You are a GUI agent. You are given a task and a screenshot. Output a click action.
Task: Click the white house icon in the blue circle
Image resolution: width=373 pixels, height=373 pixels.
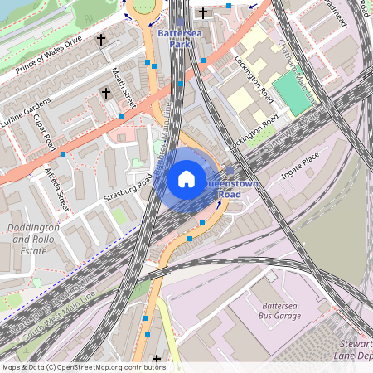(186, 179)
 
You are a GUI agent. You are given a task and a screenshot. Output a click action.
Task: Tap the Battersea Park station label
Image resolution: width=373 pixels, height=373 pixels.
(174, 38)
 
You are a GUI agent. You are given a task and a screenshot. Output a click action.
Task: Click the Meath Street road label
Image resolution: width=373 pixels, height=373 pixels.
(124, 88)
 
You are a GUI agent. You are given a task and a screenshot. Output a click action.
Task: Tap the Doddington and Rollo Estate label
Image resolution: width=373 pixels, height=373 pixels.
(31, 239)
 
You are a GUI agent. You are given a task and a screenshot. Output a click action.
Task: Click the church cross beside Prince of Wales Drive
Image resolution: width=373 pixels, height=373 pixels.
(101, 40)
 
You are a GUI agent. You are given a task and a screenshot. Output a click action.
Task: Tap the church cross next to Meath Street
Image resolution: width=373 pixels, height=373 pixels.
(106, 94)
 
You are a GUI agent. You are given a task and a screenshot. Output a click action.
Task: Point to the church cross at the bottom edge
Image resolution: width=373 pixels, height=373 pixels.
(156, 359)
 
